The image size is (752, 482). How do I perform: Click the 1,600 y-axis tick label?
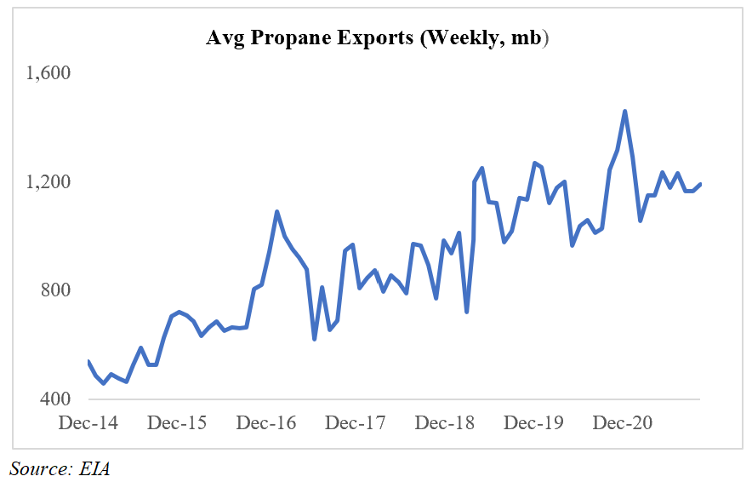[50, 73]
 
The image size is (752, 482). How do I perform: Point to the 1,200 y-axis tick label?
[50, 182]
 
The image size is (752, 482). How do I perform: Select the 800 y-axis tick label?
[56, 291]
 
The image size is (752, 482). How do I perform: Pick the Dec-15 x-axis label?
[177, 422]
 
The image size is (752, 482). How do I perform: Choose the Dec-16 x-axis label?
[266, 422]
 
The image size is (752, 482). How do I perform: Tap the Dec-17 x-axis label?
[356, 422]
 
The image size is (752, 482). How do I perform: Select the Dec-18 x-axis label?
[445, 422]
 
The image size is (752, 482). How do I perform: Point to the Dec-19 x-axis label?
[533, 422]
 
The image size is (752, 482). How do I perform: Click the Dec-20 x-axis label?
[623, 422]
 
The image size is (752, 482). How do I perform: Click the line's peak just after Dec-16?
[276, 211]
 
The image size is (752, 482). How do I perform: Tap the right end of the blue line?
[700, 184]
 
